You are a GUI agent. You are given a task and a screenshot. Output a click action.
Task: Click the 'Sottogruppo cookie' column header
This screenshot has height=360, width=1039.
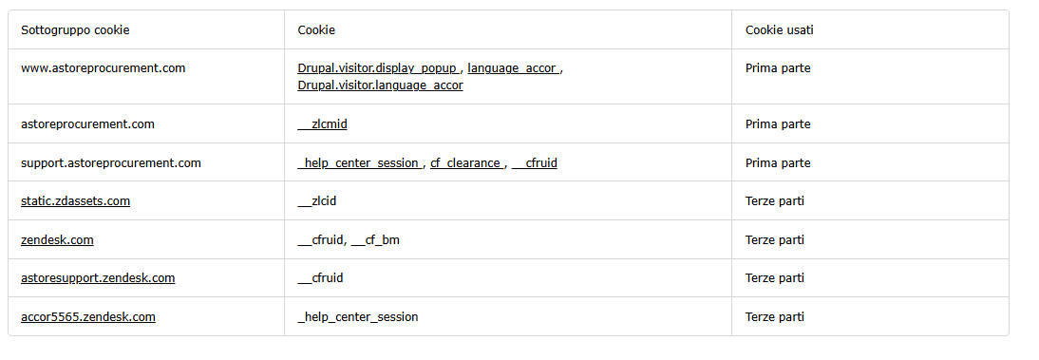coord(75,29)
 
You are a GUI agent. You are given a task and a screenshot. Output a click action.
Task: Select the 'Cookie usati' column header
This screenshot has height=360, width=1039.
coord(779,29)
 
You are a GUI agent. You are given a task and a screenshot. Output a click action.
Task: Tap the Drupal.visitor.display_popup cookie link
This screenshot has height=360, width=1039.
coord(378,68)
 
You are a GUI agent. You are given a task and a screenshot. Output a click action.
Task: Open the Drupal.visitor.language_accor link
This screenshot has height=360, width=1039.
coord(380,85)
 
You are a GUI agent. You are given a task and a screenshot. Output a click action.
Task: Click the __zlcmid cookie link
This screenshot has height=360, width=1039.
coord(322,124)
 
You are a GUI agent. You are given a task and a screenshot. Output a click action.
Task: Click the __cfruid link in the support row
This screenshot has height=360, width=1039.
coord(534,163)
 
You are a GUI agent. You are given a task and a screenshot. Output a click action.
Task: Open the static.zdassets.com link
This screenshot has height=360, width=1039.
coord(76,200)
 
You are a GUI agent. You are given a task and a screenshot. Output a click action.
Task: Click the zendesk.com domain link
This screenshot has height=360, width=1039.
coord(57,240)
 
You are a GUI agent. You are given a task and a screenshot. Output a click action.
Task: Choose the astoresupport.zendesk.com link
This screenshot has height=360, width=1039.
coord(98,277)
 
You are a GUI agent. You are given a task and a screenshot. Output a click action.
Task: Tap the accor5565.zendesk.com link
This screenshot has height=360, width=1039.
coord(88,317)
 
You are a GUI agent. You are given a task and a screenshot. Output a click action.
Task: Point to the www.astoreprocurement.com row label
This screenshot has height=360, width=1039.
coord(104,68)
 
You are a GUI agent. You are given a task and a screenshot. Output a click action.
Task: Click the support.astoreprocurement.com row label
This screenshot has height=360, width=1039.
coord(111,163)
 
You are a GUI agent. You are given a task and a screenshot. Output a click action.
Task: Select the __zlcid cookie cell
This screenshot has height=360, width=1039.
coord(317,200)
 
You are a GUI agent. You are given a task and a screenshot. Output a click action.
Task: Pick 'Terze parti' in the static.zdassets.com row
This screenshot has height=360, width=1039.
coord(775,200)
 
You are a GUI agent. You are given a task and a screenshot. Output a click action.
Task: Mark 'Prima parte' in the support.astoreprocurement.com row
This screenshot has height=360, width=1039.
coord(778,163)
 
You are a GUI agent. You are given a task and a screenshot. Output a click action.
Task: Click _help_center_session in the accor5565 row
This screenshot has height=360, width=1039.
coord(358,317)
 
